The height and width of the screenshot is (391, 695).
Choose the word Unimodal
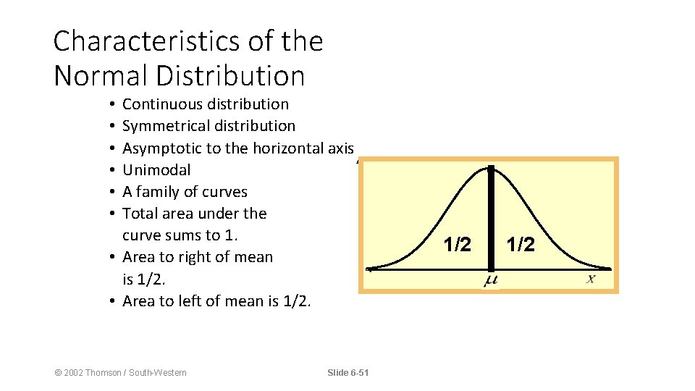coord(156,170)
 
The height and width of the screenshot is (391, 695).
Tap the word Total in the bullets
coord(139,214)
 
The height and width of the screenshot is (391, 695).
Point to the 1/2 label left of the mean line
coord(457,245)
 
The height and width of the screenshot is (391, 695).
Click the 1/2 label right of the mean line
coord(521,245)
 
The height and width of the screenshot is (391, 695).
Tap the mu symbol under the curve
coord(490,279)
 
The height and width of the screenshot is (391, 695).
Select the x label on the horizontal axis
coord(591,278)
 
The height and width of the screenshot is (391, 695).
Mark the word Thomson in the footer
coord(105,373)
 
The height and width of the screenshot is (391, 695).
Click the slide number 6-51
coord(358,373)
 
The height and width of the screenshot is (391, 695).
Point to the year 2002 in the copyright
coord(73,373)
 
